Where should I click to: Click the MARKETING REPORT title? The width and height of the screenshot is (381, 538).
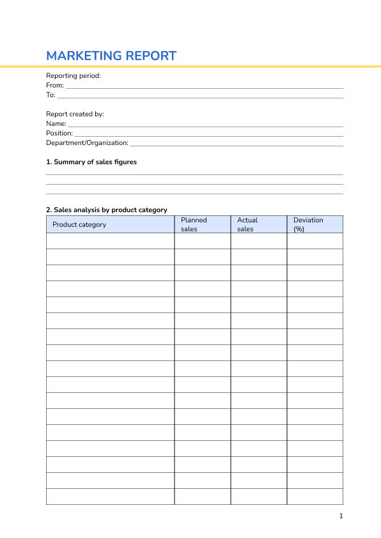[111, 56]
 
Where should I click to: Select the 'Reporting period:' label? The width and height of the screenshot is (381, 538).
[74, 75]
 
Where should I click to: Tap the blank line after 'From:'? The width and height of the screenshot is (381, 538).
[205, 86]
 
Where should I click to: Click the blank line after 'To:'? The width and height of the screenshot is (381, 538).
[200, 96]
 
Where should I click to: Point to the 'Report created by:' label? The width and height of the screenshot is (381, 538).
[75, 114]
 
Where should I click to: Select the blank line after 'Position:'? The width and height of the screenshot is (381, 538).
[209, 134]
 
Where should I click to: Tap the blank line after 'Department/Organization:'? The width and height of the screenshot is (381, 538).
[237, 144]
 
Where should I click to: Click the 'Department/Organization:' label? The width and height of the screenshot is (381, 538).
[88, 142]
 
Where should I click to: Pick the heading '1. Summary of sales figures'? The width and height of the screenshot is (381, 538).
[91, 162]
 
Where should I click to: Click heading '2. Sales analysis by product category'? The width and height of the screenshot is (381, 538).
[107, 210]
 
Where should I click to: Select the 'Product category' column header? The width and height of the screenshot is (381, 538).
[79, 224]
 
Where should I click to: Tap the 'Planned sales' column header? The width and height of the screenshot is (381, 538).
[194, 224]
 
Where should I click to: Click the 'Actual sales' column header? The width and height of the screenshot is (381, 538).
[247, 224]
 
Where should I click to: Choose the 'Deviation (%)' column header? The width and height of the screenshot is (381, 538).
[308, 224]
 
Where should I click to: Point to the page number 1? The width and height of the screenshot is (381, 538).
[341, 516]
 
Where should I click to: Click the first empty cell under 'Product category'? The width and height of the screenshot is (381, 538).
[110, 241]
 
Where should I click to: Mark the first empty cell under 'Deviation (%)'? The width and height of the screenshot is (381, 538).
[315, 241]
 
